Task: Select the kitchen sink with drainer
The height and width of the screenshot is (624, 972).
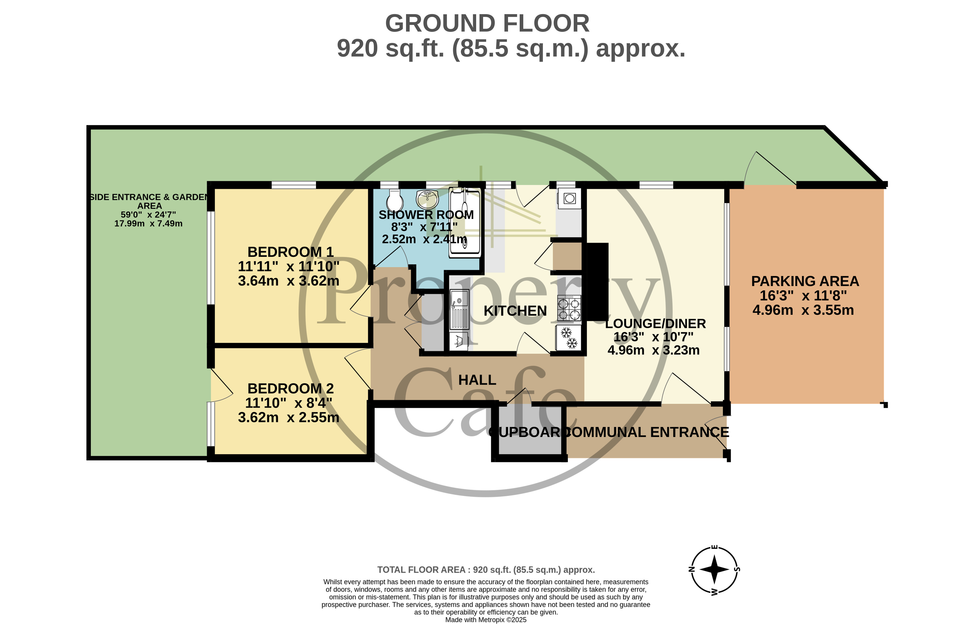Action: pyautogui.click(x=459, y=309)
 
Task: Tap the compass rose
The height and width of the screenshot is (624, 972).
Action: pyautogui.click(x=714, y=569)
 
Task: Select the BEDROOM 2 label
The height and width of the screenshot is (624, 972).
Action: pyautogui.click(x=291, y=388)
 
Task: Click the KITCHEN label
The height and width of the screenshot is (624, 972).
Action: pyautogui.click(x=515, y=311)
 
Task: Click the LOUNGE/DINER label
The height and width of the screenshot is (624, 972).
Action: pyautogui.click(x=655, y=324)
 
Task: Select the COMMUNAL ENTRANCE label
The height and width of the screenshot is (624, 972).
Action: pyautogui.click(x=647, y=432)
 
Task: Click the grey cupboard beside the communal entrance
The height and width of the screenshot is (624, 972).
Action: pyautogui.click(x=529, y=431)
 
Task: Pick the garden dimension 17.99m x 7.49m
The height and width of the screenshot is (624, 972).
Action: pyautogui.click(x=148, y=224)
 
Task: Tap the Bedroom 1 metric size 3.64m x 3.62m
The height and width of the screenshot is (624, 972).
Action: pyautogui.click(x=288, y=281)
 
